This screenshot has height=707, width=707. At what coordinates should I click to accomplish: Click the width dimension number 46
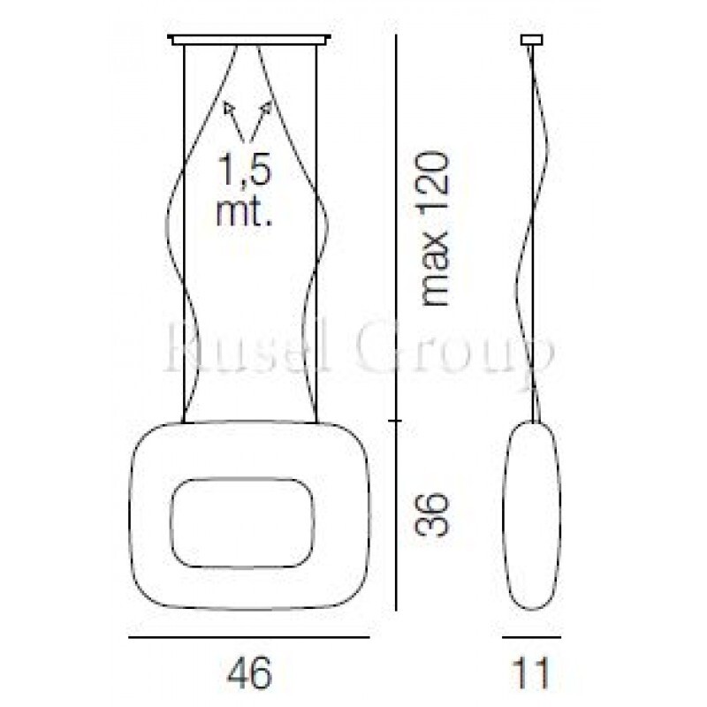249,673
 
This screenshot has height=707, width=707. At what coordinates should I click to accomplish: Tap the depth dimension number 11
531,673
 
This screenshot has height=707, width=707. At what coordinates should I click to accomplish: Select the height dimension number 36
432,515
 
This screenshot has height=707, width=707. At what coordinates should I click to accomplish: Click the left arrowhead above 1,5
229,108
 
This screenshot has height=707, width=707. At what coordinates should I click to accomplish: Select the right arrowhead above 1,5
266,107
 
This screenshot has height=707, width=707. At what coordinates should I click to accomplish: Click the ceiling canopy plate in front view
249,40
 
